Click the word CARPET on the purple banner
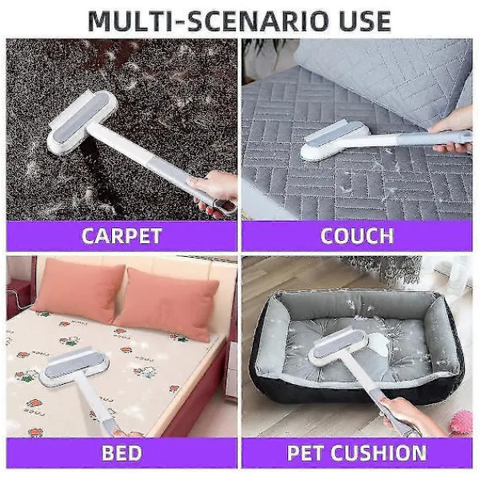(x=122, y=236)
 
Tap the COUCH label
(x=357, y=236)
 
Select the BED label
(x=122, y=453)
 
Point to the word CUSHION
(x=378, y=453)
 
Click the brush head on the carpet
(x=82, y=122)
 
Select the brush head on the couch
(x=336, y=141)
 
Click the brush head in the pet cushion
(x=338, y=346)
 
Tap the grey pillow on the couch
(x=382, y=80)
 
